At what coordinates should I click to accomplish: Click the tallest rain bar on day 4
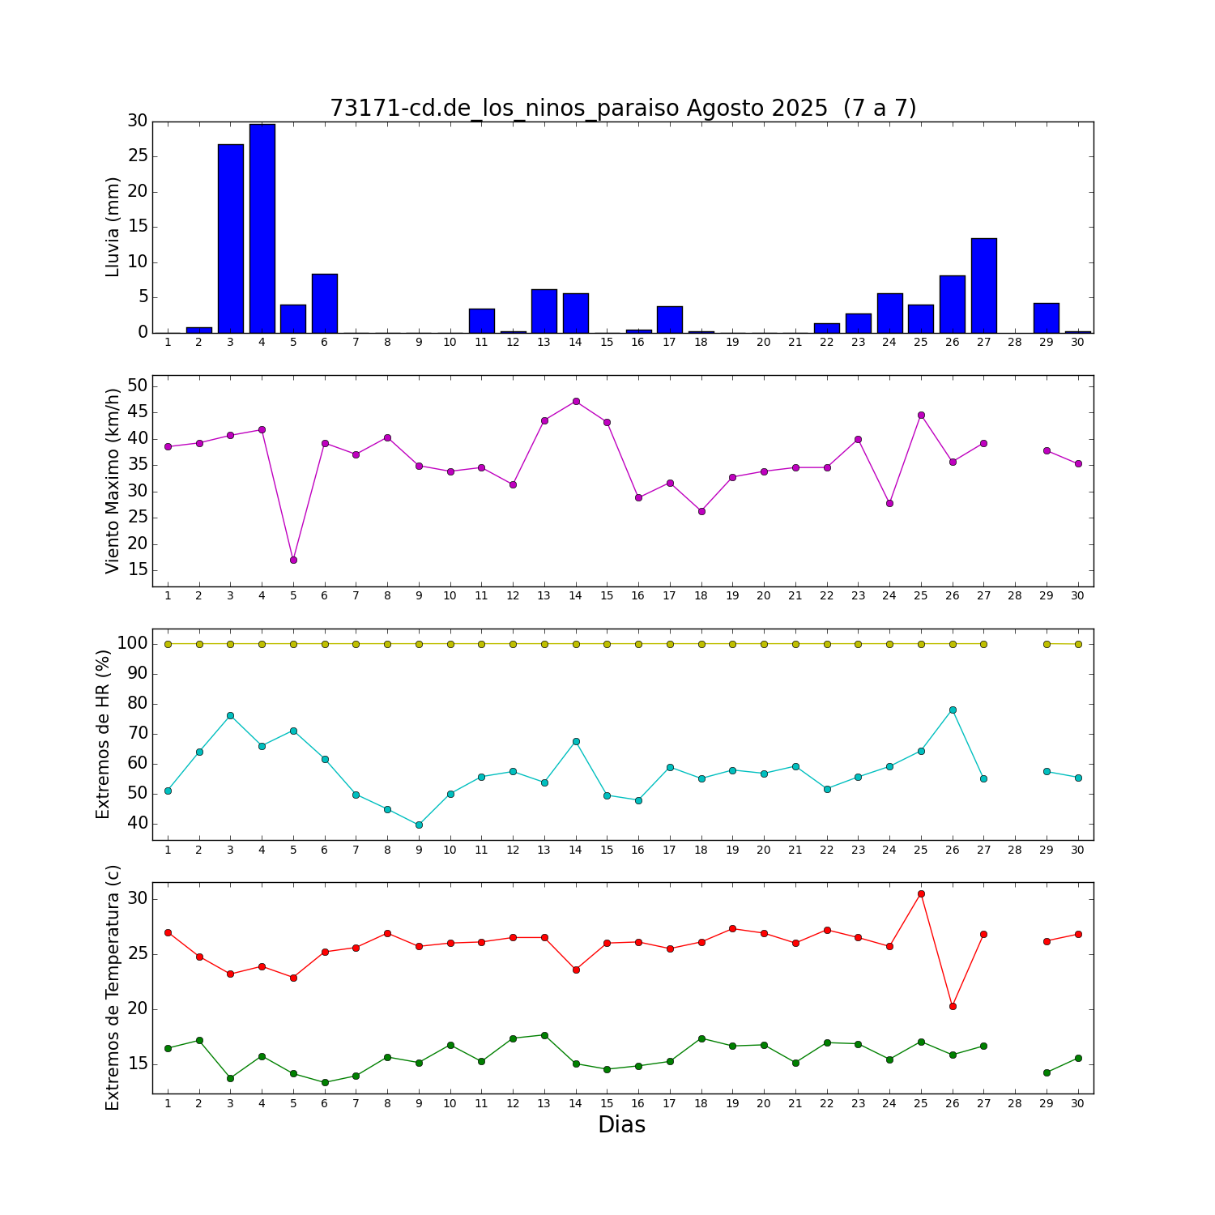click(262, 228)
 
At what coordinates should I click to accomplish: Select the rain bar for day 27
click(983, 286)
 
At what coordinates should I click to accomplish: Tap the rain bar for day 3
click(230, 239)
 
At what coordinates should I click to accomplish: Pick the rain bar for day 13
click(544, 311)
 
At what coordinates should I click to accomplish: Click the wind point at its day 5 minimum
click(293, 560)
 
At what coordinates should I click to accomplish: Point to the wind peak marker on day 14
click(576, 401)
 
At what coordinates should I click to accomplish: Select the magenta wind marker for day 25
click(921, 415)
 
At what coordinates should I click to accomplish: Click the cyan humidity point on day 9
click(419, 825)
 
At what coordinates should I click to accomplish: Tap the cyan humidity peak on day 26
click(953, 710)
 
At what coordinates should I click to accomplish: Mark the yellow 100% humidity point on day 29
click(1047, 644)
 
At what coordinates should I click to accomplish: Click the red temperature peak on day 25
click(921, 893)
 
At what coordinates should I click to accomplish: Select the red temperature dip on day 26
click(953, 1006)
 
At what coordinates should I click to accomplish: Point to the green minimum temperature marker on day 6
click(325, 1082)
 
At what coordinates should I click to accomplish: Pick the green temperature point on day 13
click(544, 1035)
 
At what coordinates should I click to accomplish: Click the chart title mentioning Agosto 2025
click(623, 109)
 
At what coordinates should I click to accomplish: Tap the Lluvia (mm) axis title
click(113, 227)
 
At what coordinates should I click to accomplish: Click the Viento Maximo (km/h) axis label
click(113, 481)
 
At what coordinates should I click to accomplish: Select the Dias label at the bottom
click(621, 1125)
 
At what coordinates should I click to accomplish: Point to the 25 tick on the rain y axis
click(137, 156)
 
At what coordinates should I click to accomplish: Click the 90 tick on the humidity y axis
click(137, 674)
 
